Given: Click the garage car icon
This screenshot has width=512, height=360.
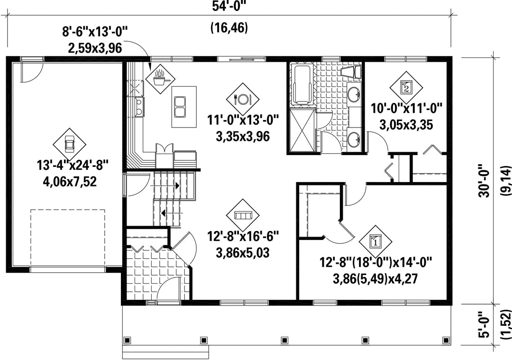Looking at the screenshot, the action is coord(69,144).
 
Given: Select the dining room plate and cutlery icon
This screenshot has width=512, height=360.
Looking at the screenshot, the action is coord(242,99).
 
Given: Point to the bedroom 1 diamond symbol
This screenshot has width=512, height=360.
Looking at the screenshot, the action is coord(375,242).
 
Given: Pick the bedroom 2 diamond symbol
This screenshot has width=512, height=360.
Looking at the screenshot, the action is coord(406,88).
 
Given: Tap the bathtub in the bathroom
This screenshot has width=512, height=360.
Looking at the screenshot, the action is coord(301,84).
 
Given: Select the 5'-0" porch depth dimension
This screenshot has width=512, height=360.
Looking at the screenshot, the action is coord(485,332).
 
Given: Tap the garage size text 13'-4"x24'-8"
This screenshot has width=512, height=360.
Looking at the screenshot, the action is coord(73,166).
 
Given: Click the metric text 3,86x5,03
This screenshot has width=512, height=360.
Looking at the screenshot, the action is coord(243,252).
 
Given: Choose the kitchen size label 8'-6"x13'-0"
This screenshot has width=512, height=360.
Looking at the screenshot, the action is coord(95,33).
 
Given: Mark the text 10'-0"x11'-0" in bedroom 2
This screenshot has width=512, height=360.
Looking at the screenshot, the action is coord(407,108).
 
